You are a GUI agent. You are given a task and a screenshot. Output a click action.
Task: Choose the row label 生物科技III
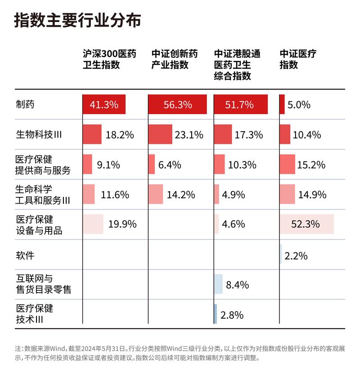click(x=38, y=134)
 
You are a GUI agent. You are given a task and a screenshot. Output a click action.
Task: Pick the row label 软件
click(x=25, y=255)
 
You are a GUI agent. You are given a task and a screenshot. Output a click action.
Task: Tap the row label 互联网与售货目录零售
click(x=43, y=285)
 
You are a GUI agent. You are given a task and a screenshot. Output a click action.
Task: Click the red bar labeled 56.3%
click(x=178, y=105)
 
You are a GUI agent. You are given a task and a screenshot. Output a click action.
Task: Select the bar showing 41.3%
click(x=104, y=105)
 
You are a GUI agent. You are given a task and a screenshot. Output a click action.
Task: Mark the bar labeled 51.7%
click(x=241, y=105)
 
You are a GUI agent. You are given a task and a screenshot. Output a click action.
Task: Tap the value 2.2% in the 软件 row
click(x=296, y=256)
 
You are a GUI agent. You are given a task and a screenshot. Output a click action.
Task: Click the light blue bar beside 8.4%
click(x=218, y=284)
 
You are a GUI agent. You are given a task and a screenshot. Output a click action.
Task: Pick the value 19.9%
click(x=122, y=224)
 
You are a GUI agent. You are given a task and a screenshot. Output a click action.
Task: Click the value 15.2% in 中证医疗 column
click(x=311, y=165)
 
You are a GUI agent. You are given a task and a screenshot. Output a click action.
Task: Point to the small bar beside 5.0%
click(x=282, y=105)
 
